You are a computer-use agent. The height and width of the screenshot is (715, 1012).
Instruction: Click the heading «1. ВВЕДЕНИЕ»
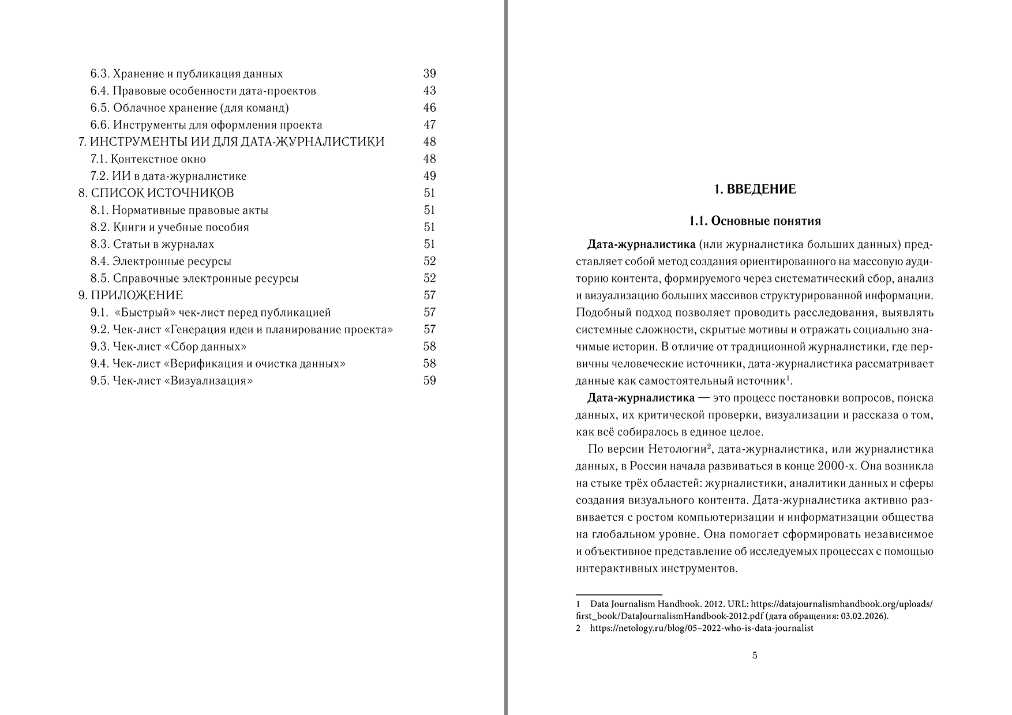pyautogui.click(x=755, y=189)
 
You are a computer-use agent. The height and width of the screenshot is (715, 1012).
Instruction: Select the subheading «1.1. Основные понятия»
pyautogui.click(x=755, y=221)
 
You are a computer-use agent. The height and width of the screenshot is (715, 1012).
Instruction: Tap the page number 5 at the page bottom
pyautogui.click(x=755, y=656)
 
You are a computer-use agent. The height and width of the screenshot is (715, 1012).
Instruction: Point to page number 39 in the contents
pyautogui.click(x=429, y=74)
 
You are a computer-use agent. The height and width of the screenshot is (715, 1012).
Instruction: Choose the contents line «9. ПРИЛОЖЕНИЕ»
pyautogui.click(x=131, y=295)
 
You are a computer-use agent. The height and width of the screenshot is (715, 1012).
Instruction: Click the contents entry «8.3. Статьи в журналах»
pyautogui.click(x=152, y=244)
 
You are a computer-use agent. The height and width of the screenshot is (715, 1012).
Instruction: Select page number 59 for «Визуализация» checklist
pyautogui.click(x=429, y=381)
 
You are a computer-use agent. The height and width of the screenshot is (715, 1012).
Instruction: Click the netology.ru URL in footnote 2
pyautogui.click(x=702, y=629)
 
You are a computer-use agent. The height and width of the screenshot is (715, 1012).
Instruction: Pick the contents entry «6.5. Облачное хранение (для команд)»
pyautogui.click(x=189, y=108)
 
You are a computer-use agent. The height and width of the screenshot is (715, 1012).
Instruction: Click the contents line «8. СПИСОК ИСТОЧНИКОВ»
pyautogui.click(x=156, y=193)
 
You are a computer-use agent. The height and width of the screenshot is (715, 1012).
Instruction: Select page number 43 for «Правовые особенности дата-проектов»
pyautogui.click(x=429, y=91)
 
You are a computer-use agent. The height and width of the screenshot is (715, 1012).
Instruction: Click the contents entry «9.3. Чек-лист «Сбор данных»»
pyautogui.click(x=169, y=347)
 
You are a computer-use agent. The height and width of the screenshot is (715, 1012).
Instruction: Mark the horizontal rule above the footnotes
pyautogui.click(x=619, y=594)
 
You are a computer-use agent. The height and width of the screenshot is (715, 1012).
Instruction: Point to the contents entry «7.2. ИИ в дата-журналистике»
pyautogui.click(x=168, y=176)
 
